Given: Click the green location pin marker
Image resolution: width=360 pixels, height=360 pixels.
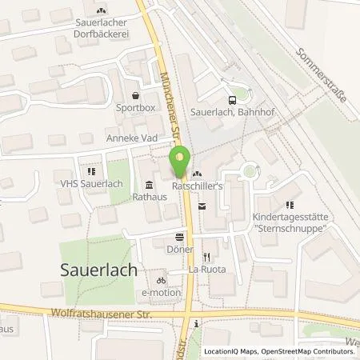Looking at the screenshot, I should (x=180, y=160).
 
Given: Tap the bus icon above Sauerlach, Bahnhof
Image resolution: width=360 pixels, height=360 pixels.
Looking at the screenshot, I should (x=232, y=100).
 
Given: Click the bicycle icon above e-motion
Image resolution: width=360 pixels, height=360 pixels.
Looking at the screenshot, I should (x=162, y=281).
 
